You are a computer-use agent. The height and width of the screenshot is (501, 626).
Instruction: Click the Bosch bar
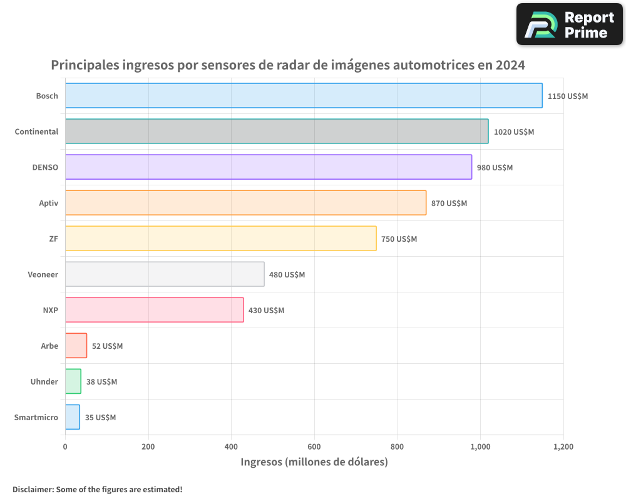[304, 96]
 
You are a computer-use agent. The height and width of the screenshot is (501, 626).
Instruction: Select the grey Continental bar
[277, 132]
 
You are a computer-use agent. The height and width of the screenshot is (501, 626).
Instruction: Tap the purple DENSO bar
[269, 167]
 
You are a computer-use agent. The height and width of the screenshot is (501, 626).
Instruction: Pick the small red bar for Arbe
[76, 346]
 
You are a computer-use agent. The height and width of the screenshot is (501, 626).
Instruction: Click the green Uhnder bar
[73, 381]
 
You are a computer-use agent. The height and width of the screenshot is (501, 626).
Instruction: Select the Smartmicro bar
[73, 417]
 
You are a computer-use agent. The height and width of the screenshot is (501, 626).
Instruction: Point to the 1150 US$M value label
[568, 96]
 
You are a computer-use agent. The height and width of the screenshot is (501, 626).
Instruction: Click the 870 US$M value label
[449, 204]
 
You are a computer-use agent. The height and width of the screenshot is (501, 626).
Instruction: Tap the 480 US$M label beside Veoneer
[287, 275]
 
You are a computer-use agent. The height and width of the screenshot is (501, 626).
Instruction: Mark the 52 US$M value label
[107, 346]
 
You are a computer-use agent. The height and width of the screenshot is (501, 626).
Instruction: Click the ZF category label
[53, 239]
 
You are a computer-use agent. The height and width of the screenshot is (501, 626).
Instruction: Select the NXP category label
[50, 310]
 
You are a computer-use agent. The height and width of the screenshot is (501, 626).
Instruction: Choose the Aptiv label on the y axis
[48, 203]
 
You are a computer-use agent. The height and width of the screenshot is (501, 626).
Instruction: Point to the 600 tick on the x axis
[314, 447]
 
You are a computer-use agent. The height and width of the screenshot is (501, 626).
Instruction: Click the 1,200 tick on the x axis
[563, 447]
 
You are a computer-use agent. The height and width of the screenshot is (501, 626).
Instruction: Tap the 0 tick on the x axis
[65, 447]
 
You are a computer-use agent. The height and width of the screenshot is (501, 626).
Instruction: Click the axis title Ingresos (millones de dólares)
[314, 462]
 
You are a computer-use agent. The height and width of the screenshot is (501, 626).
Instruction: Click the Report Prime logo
[569, 24]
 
